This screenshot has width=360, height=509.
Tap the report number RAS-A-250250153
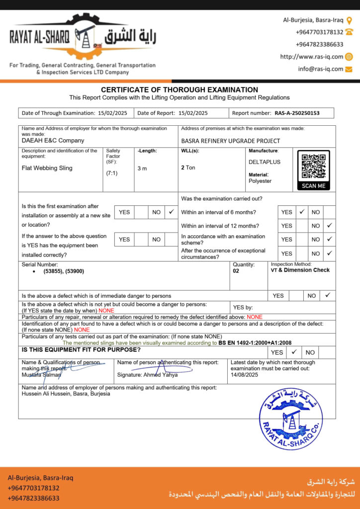(x=297, y=113)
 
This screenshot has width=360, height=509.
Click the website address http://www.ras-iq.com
(x=311, y=57)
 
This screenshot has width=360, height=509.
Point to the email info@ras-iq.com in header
(x=320, y=69)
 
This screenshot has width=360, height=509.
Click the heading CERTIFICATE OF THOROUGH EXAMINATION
(x=180, y=89)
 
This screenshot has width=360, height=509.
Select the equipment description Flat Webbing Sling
(x=47, y=168)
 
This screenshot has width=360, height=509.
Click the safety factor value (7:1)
(x=112, y=173)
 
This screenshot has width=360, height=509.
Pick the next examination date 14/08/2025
(x=245, y=375)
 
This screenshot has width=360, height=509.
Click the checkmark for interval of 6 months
(x=301, y=212)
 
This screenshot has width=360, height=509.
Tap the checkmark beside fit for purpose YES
(x=294, y=352)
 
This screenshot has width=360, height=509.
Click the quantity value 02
(x=236, y=271)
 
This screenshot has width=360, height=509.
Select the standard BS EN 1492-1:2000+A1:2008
(x=255, y=342)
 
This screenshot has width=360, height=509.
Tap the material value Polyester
(x=260, y=181)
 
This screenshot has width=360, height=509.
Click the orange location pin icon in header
(x=349, y=20)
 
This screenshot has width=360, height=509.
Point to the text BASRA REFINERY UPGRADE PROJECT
(x=230, y=141)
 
